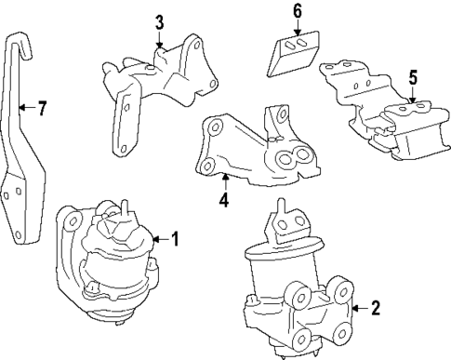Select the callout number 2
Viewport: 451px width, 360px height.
pyautogui.click(x=375, y=309)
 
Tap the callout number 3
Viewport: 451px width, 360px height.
pyautogui.click(x=159, y=21)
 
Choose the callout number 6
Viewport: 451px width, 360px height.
pyautogui.click(x=298, y=11)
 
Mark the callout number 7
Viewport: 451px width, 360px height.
pyautogui.click(x=42, y=109)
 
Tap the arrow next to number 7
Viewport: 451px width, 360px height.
pyautogui.click(x=28, y=109)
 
